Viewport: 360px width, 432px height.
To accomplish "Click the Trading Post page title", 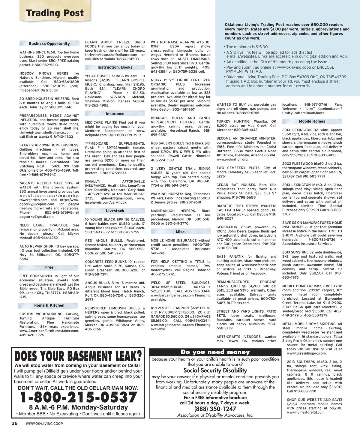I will pyautogui.click(x=55, y=13).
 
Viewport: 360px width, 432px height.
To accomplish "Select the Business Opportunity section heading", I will pyautogui.click(x=49, y=43).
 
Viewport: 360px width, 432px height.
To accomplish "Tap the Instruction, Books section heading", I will pyautogui.click(x=115, y=67).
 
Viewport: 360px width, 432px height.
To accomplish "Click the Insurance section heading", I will pyautogui.click(x=115, y=114).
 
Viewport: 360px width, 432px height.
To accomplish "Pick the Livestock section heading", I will pyautogui.click(x=115, y=211).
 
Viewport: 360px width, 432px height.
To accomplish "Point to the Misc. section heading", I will pyautogui.click(x=181, y=232).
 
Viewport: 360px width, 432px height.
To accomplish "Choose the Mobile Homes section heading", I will pyautogui.click(x=312, y=121).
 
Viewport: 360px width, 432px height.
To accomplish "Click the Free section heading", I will pyautogui.click(x=49, y=267).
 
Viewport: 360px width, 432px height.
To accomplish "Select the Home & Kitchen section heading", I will pyautogui.click(x=49, y=305).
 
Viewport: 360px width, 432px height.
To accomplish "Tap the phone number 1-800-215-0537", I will pyautogui.click(x=79, y=397).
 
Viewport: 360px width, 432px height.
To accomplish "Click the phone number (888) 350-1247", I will pyautogui.click(x=215, y=409).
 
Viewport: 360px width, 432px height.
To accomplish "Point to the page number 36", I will pyautogui.click(x=14, y=424).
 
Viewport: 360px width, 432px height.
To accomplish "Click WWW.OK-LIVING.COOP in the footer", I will pyautogui.click(x=44, y=424).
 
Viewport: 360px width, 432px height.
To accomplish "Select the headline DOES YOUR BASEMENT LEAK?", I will pyautogui.click(x=78, y=356).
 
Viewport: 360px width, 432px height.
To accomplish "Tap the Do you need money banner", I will pyautogui.click(x=215, y=352).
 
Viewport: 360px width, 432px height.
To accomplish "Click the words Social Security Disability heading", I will pyautogui.click(x=215, y=370).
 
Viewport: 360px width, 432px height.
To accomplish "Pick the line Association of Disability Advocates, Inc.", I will pyautogui.click(x=215, y=415).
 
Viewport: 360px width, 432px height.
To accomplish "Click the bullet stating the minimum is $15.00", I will pyautogui.click(x=247, y=47).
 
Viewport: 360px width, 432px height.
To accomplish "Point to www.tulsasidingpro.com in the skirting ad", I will pyautogui.click(x=306, y=353).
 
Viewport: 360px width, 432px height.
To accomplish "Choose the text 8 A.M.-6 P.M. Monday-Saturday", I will pyautogui.click(x=78, y=407).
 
